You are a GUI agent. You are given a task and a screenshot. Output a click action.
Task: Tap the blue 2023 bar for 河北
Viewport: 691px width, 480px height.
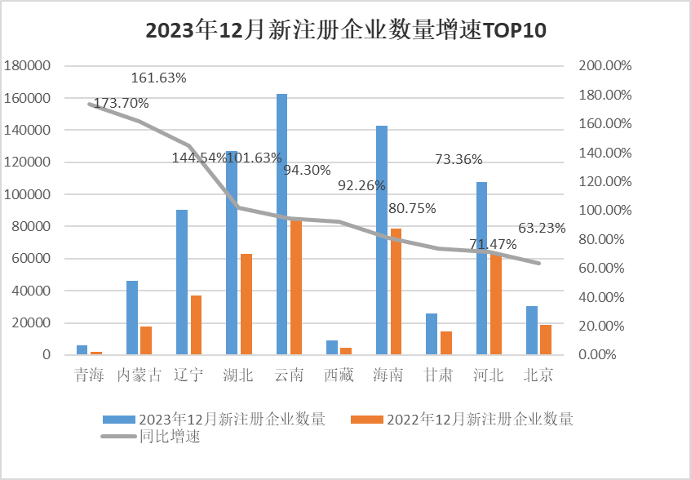481,269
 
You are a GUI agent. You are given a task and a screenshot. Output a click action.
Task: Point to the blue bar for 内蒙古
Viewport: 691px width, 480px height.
132,318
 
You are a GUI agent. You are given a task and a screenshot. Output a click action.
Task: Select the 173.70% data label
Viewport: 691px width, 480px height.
122,104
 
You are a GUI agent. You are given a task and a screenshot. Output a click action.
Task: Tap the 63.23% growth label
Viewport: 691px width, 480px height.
542,229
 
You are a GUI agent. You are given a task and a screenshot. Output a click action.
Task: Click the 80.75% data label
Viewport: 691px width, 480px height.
412,208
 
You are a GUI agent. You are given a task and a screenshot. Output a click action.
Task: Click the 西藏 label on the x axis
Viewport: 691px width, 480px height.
338,376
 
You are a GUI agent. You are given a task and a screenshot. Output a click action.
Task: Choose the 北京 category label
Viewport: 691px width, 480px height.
538,376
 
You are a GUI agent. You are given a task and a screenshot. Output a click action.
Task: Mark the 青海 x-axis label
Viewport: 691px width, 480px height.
89,376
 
